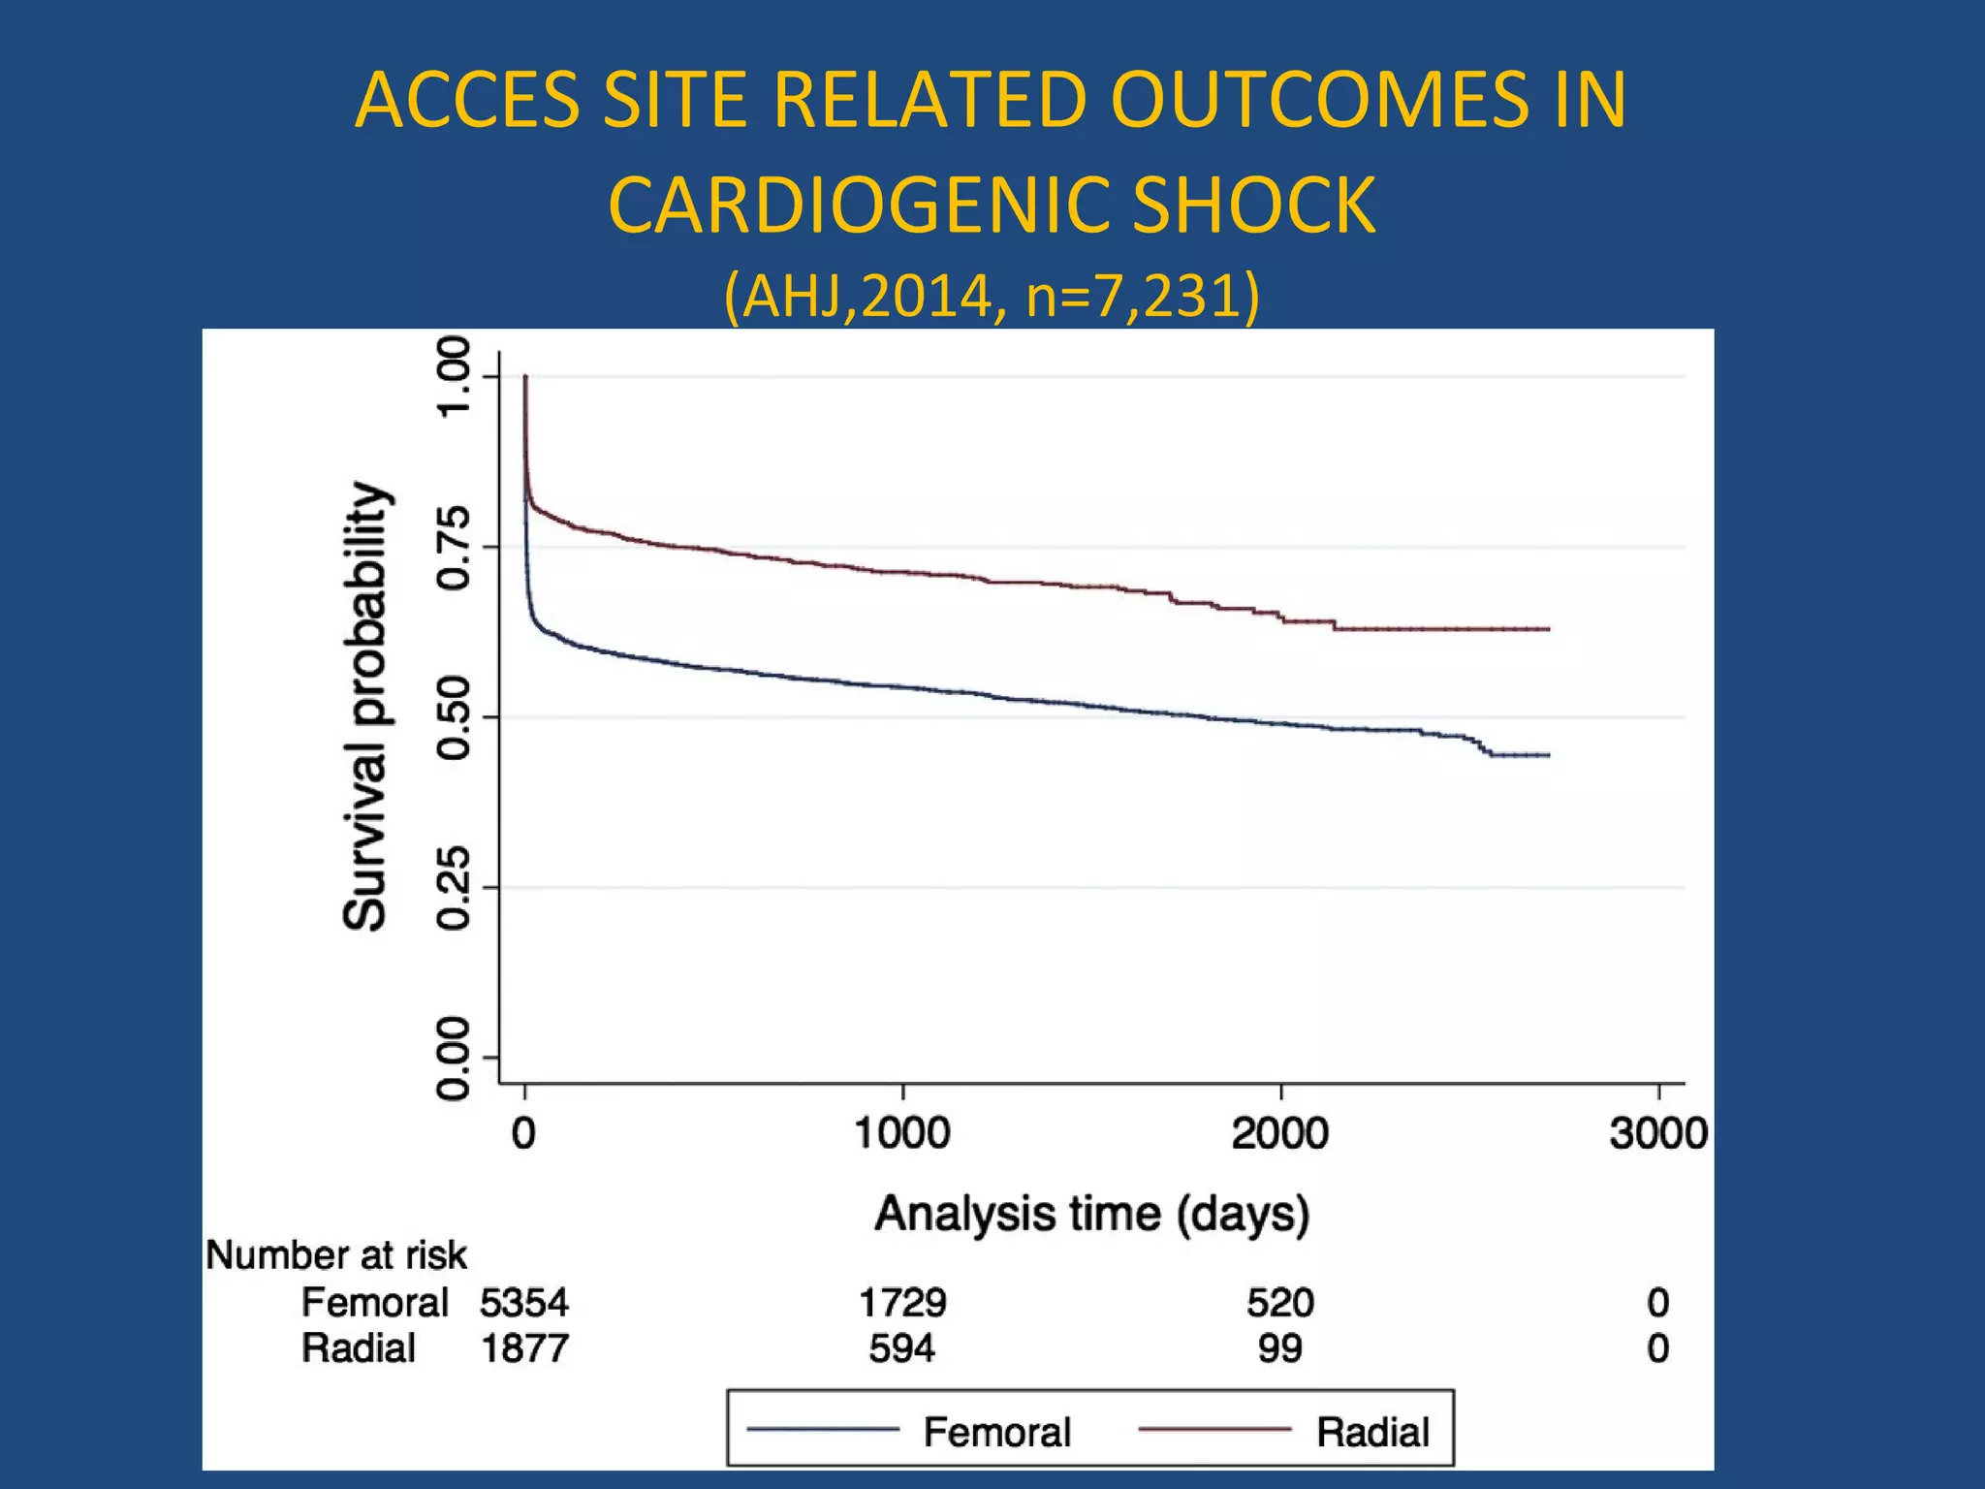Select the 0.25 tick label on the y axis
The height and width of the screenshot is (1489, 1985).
454,888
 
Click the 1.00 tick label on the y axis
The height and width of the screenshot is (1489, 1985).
454,376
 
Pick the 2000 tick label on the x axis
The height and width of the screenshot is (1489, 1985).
1279,1133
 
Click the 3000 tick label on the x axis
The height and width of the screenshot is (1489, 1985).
1657,1133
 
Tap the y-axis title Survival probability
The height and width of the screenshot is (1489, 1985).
366,706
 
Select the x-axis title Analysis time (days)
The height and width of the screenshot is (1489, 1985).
1092,1214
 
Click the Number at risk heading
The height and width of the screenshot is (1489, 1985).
336,1255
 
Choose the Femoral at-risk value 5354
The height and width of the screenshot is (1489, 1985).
524,1302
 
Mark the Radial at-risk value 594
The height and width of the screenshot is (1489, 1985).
901,1348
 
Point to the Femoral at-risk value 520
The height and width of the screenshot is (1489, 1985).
1279,1302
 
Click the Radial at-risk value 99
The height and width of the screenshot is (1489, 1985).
1279,1348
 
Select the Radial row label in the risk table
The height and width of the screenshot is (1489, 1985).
358,1348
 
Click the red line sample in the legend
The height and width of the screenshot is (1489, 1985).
1214,1429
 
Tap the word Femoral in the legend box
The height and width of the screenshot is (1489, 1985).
996,1432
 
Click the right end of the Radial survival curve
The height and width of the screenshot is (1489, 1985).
1548,629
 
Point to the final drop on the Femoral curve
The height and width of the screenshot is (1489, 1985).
1483,747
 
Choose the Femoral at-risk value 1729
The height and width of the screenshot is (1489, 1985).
901,1302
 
